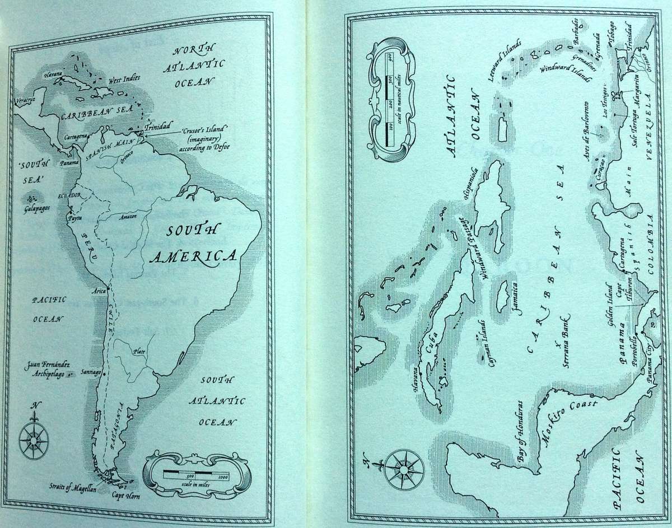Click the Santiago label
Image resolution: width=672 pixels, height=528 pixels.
[x=90, y=372]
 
